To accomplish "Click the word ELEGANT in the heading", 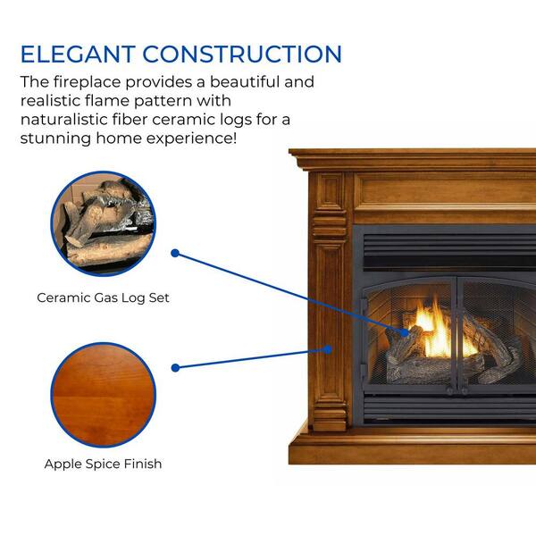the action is pyautogui.click(x=78, y=54).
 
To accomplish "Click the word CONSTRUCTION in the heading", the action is pyautogui.click(x=242, y=54).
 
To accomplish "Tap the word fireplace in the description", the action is pyautogui.click(x=88, y=82).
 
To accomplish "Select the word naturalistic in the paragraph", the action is pyautogui.click(x=64, y=120).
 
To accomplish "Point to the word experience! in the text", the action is pyautogui.click(x=191, y=138).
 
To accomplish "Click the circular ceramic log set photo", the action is pyautogui.click(x=104, y=223).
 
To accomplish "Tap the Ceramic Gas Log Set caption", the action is pyautogui.click(x=103, y=297).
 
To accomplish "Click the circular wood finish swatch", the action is pyautogui.click(x=104, y=395).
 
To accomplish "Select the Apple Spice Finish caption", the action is pyautogui.click(x=103, y=464).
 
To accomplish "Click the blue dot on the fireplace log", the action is pyautogui.click(x=405, y=332).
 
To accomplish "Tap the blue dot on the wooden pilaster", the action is pyautogui.click(x=328, y=349).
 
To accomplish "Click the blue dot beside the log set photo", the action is pyautogui.click(x=175, y=254).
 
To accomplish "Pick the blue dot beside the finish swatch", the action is pyautogui.click(x=175, y=368).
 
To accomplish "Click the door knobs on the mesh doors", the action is pyautogui.click(x=457, y=390).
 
